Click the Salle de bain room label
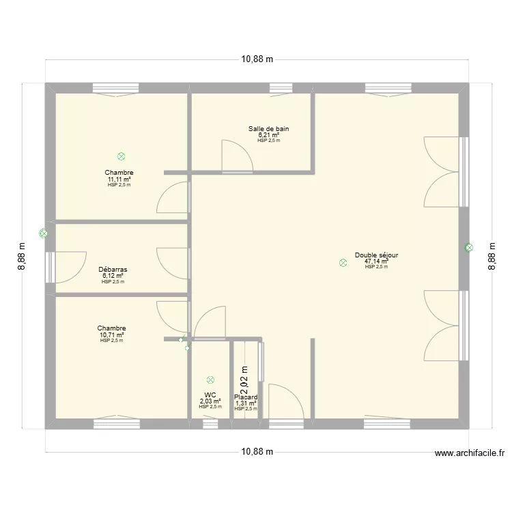click(x=268, y=128)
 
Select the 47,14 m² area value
click(x=376, y=261)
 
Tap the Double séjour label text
click(x=376, y=255)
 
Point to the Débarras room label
click(x=113, y=270)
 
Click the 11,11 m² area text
click(x=119, y=179)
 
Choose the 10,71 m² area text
click(x=111, y=335)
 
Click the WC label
click(x=210, y=395)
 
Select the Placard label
click(x=246, y=397)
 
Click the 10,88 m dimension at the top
click(x=257, y=59)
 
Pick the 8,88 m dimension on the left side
click(x=21, y=257)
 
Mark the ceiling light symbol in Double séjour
click(x=343, y=262)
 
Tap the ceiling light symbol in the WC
click(x=210, y=380)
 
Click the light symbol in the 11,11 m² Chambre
click(x=121, y=156)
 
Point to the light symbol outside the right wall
click(x=468, y=248)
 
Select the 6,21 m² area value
click(x=268, y=134)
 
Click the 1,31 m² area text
click(x=246, y=403)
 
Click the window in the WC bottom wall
click(x=210, y=424)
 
